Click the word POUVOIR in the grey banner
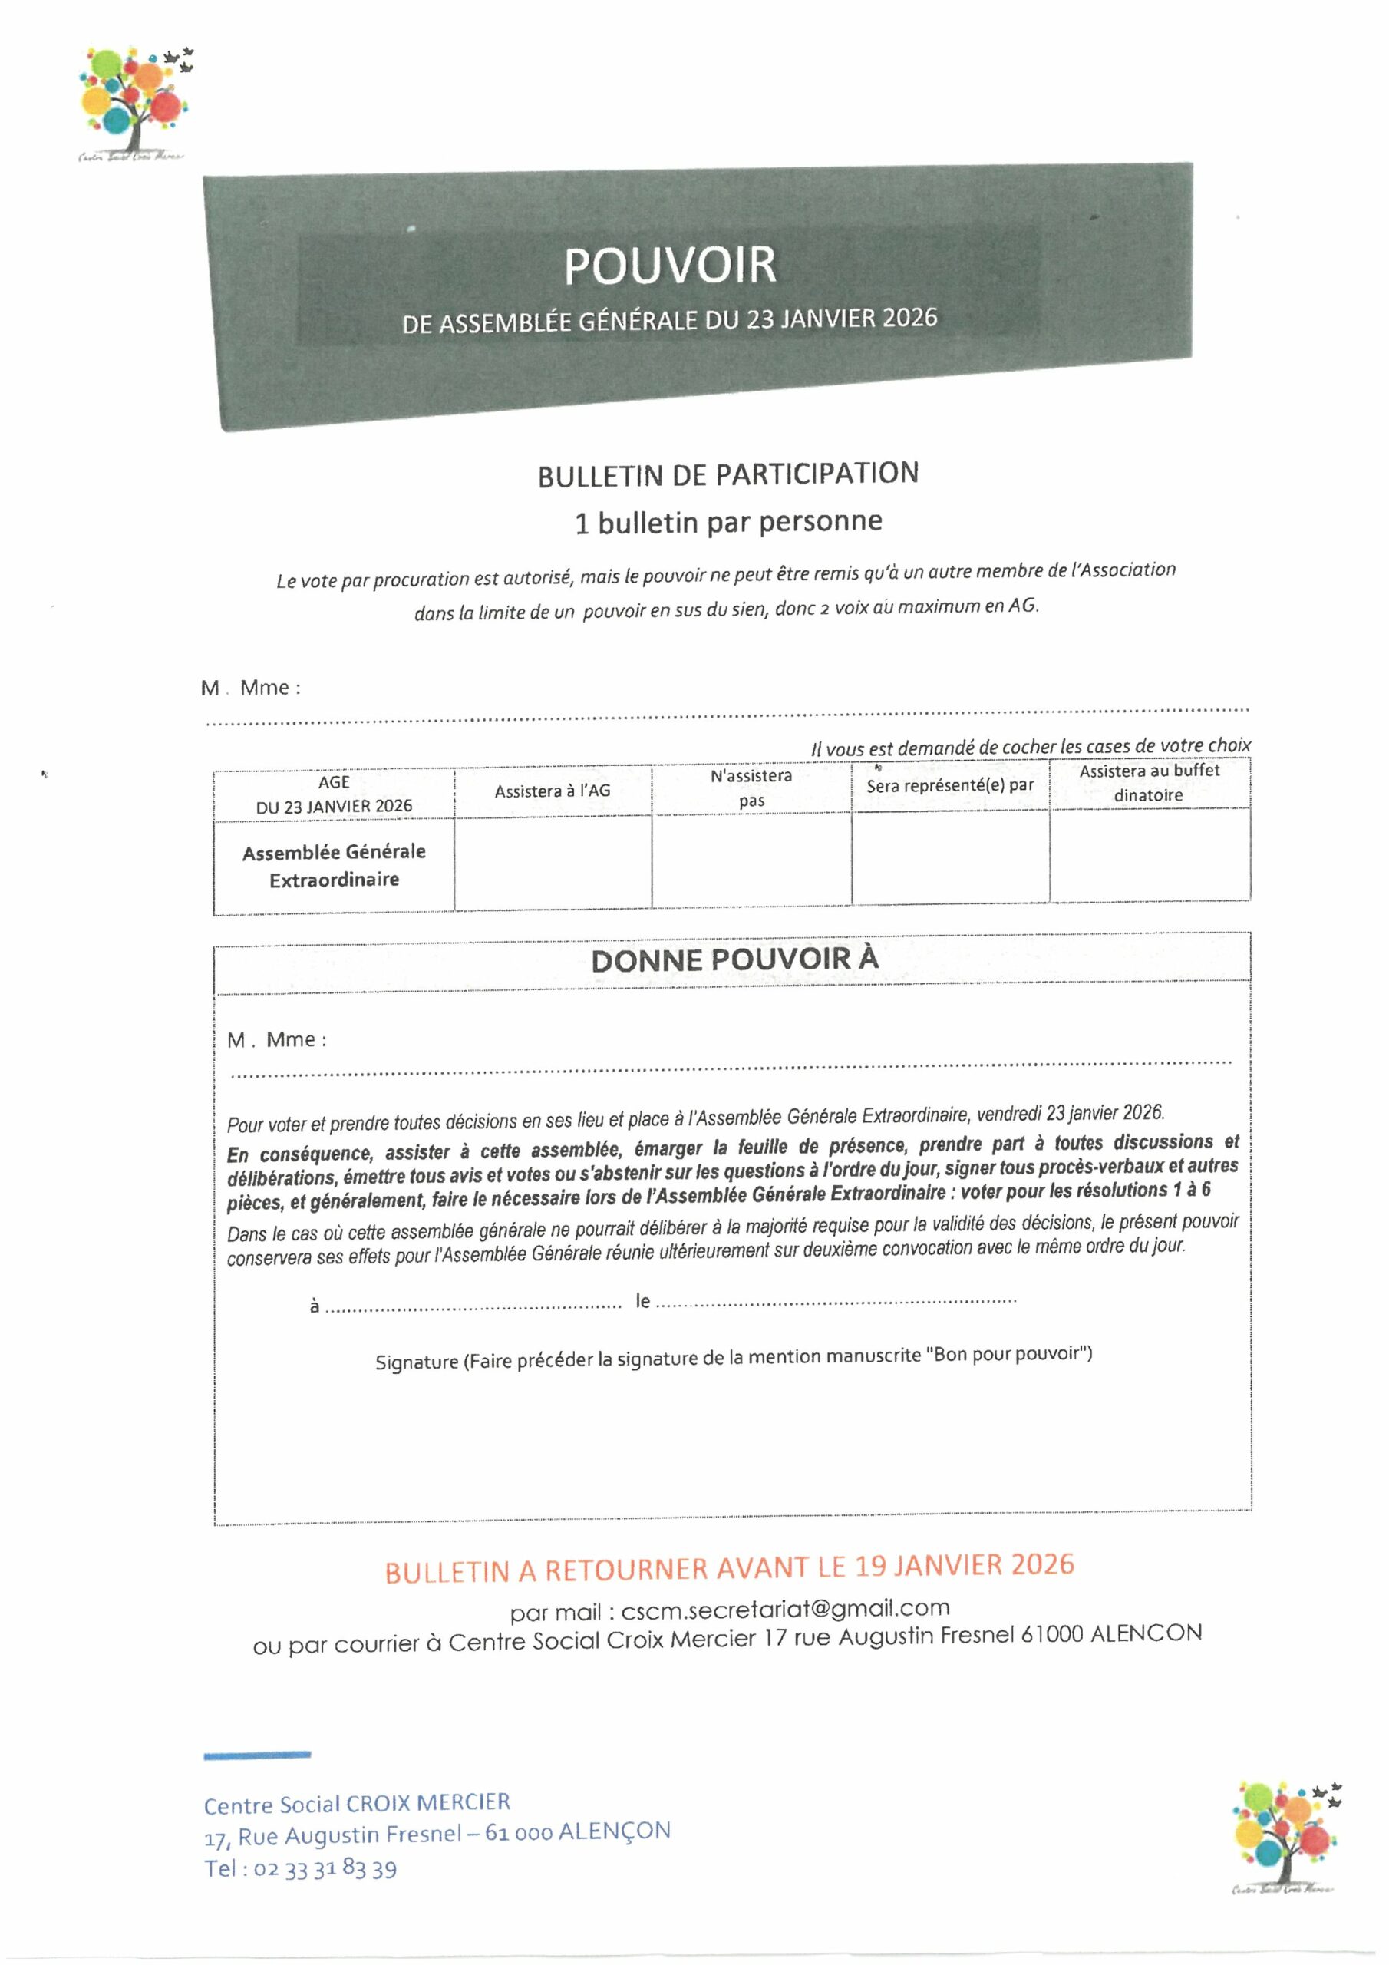tap(669, 266)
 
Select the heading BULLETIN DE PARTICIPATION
tap(727, 475)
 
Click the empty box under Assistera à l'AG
tap(553, 863)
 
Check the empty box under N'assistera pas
tap(751, 860)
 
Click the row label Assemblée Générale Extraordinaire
tap(334, 865)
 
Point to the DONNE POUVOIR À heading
tap(734, 959)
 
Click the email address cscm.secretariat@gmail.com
tap(785, 1609)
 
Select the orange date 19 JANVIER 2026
tap(964, 1565)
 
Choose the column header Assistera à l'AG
tap(552, 791)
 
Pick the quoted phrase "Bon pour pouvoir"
tap(1008, 1354)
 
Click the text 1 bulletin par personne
tap(728, 522)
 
